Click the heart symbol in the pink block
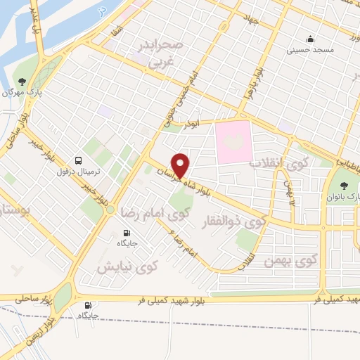pos(234,141)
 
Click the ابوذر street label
pos(191,125)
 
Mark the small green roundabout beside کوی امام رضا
pos(110,209)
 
